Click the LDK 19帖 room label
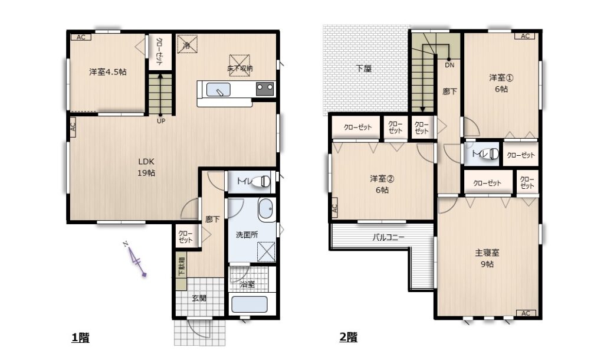tap(146, 167)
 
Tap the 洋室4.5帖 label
tap(108, 71)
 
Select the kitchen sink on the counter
tap(218, 90)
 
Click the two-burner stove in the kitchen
tap(265, 89)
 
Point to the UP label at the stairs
tap(161, 121)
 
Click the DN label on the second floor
tap(449, 65)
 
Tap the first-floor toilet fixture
tap(261, 181)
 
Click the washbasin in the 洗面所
tap(266, 209)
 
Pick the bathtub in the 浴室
tap(250, 305)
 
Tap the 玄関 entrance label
tap(199, 298)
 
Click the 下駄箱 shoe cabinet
tap(180, 271)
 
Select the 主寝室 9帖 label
tap(487, 258)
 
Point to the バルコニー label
tap(388, 237)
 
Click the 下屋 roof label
tap(363, 68)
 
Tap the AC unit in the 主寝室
tap(526, 313)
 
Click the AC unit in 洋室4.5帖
tap(81, 37)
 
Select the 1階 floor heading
tap(80, 338)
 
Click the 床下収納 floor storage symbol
tap(239, 66)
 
